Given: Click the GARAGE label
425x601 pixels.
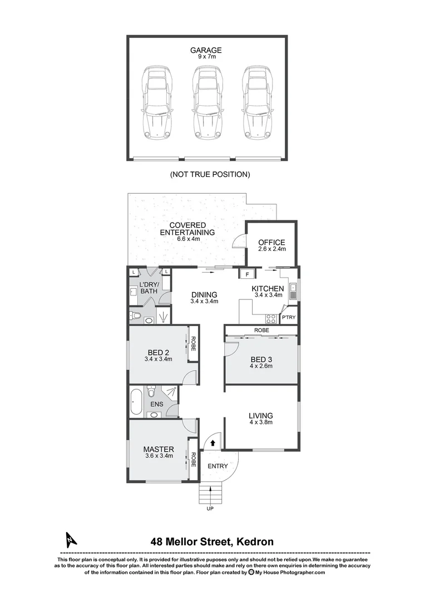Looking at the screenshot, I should point(206,50).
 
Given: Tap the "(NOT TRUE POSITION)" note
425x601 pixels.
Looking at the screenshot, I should point(210,174).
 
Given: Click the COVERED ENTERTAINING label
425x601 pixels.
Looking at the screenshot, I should point(187,229).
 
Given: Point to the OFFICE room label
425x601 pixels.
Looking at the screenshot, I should point(271,243).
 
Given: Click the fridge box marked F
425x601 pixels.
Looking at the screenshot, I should point(246,273).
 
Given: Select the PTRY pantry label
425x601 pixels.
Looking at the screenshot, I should point(289,317).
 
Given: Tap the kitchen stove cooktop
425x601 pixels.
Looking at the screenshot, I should point(271,318).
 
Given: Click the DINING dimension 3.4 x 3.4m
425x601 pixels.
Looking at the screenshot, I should point(204,302).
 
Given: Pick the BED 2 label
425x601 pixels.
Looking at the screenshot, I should point(159,352).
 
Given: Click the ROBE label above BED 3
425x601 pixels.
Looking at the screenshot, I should point(261,330).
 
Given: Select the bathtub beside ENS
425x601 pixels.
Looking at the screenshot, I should point(136,402).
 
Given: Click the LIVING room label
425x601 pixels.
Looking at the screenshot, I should point(260,415).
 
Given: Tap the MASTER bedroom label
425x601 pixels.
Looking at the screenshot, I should point(159,449).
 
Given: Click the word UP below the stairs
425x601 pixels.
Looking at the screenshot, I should point(210,509).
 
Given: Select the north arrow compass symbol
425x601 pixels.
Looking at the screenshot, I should point(70,539).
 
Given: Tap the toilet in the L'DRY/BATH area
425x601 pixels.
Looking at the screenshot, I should point(135,316).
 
